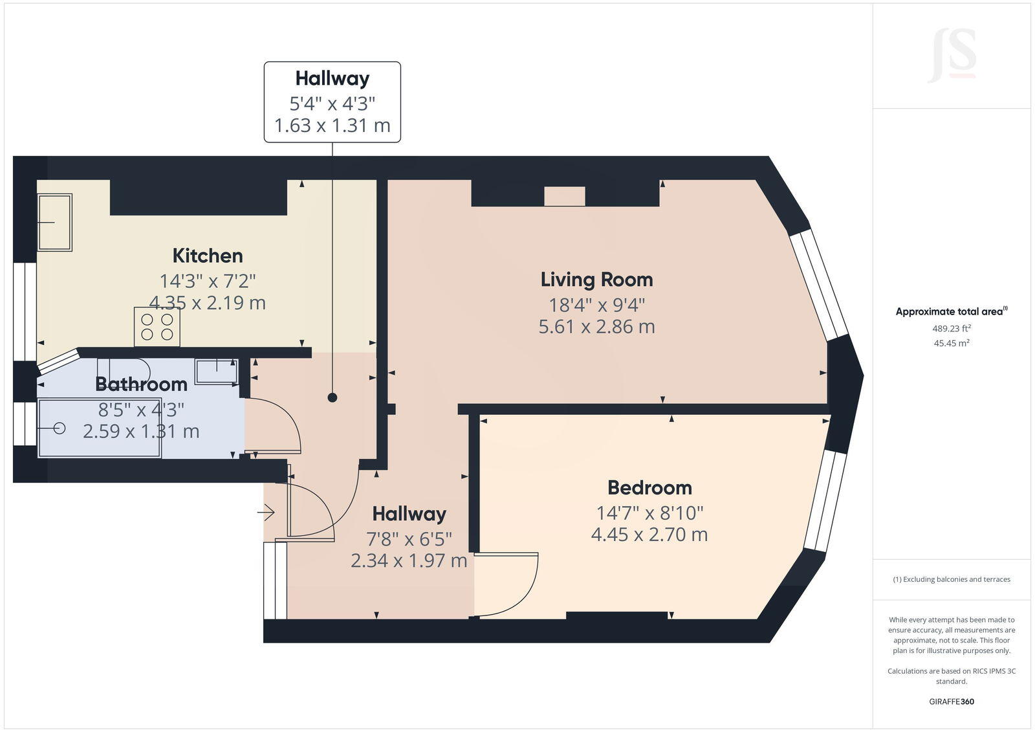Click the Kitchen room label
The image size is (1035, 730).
(208, 256)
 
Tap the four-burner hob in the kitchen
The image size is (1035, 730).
(157, 327)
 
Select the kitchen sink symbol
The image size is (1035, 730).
(54, 222)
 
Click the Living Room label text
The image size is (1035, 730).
(596, 280)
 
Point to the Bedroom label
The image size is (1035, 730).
(649, 487)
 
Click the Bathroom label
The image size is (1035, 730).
(141, 384)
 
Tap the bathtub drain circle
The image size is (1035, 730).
(60, 428)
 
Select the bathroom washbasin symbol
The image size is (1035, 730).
(217, 372)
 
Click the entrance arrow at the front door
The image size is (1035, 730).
(266, 513)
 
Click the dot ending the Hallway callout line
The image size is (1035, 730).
(332, 398)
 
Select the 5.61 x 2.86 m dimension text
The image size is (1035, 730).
(596, 327)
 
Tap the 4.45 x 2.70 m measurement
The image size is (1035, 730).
(649, 535)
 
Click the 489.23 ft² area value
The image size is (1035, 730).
(951, 328)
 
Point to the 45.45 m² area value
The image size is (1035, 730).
(951, 344)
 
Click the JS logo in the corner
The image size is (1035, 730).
(952, 56)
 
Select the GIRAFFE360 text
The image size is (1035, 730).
(951, 702)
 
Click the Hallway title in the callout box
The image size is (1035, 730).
(332, 78)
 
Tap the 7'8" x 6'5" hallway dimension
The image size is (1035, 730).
(409, 538)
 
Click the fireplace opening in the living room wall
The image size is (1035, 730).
(565, 196)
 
